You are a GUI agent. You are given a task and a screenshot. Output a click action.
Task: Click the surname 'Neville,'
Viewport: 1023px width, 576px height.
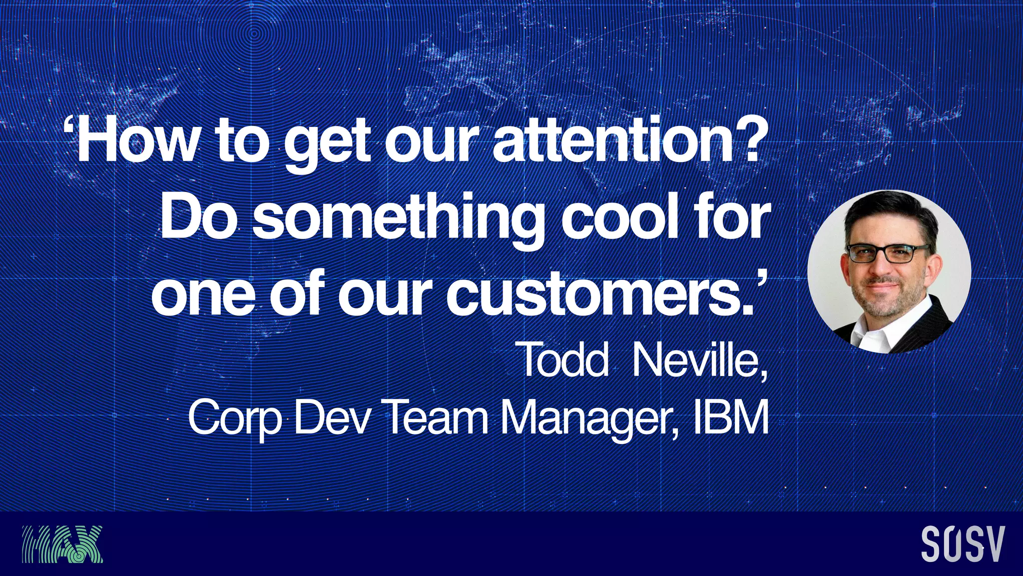[x=699, y=359]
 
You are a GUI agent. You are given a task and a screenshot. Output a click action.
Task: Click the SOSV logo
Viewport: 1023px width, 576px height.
[x=962, y=544]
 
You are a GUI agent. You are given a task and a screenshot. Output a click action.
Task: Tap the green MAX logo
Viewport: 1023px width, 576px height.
[x=62, y=544]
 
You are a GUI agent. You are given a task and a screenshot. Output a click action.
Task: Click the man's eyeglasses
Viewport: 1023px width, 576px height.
[x=888, y=253]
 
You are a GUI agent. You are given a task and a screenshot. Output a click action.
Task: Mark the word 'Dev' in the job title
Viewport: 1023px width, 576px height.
[x=332, y=417]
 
